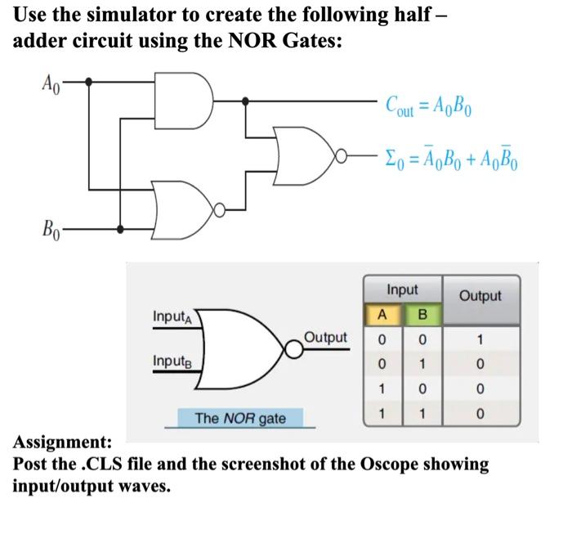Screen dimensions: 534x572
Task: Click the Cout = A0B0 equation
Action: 436,107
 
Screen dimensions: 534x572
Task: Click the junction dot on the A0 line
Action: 89,82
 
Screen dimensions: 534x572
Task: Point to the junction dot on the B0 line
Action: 121,230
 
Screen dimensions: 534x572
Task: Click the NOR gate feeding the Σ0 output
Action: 307,152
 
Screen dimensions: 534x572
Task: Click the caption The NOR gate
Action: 240,418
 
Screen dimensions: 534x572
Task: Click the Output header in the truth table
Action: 480,295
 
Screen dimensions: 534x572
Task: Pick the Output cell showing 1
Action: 480,338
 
